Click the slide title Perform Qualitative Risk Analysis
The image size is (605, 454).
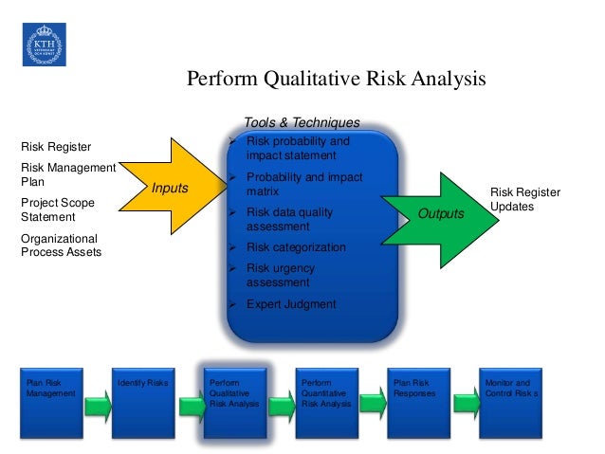(x=335, y=79)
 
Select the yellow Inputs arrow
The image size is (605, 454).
(x=176, y=188)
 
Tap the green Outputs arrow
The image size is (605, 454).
(x=440, y=213)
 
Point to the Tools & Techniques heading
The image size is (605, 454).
(x=302, y=122)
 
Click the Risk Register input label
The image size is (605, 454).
(x=56, y=147)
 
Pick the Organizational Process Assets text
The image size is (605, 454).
(x=61, y=245)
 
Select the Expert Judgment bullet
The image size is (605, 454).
(x=290, y=304)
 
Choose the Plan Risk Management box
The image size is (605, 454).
(x=52, y=403)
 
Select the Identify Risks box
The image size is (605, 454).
(x=143, y=403)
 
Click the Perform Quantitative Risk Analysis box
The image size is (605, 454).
(x=327, y=403)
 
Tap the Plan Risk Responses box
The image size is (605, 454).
(x=418, y=403)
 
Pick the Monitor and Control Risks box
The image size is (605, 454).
(x=511, y=403)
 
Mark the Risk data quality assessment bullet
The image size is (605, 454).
(x=295, y=220)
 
